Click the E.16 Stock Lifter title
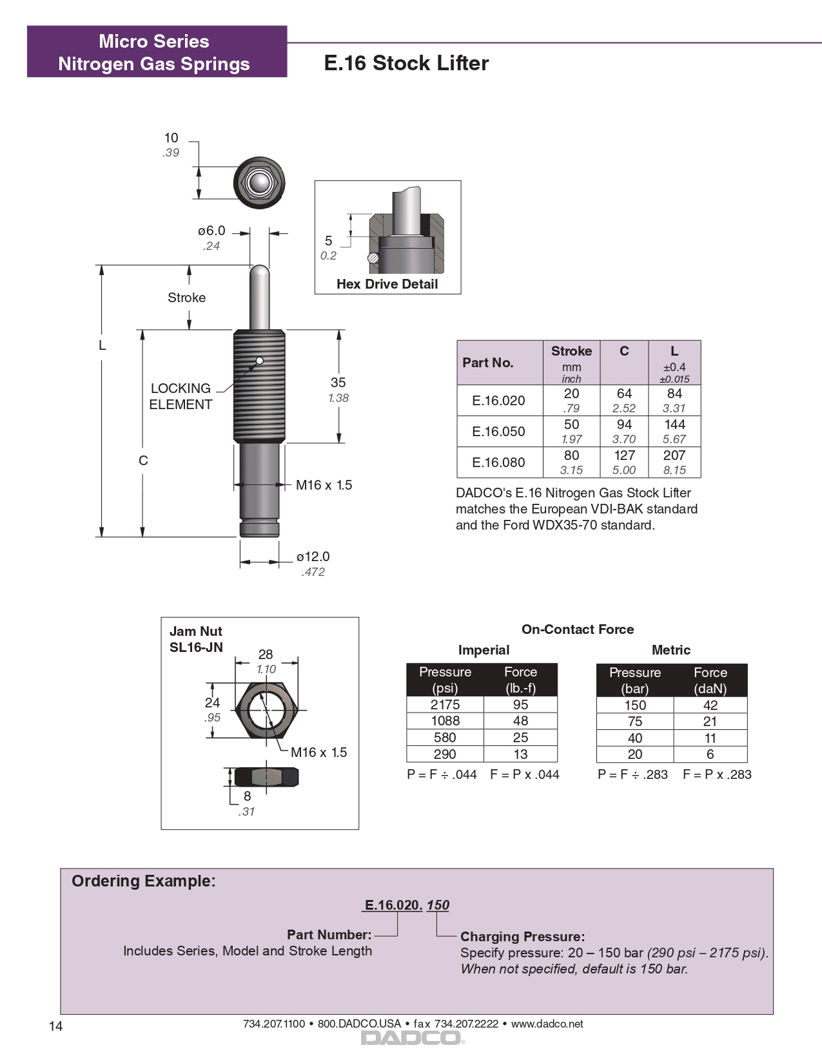[406, 63]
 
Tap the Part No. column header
[488, 363]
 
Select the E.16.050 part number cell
[498, 432]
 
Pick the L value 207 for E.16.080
[674, 455]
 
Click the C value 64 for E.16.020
[623, 394]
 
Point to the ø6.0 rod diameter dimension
[211, 231]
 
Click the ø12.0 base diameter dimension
[313, 557]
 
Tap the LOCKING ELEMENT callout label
[181, 396]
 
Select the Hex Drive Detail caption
[387, 284]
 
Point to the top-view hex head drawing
[259, 182]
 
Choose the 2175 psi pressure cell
[445, 705]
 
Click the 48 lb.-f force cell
[520, 721]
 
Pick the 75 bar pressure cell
[635, 722]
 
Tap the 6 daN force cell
[710, 754]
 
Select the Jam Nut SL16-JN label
[196, 639]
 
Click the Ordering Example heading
[144, 881]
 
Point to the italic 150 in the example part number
[438, 905]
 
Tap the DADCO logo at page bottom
[412, 1038]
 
